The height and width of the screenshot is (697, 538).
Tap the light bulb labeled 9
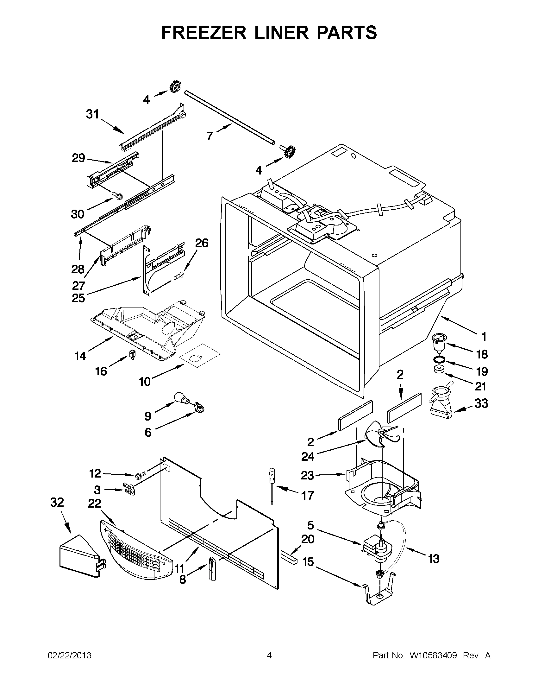pyautogui.click(x=181, y=398)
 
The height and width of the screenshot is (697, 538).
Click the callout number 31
pyautogui.click(x=93, y=114)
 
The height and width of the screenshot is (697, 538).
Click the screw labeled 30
pyautogui.click(x=116, y=195)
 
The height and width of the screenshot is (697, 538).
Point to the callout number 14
pyautogui.click(x=80, y=356)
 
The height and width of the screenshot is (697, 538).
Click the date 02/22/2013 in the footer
pyautogui.click(x=70, y=656)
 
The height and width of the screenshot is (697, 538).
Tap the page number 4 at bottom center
pyautogui.click(x=269, y=656)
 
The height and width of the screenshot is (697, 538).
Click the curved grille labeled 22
pyautogui.click(x=135, y=550)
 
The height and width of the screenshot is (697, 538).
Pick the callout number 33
pyautogui.click(x=481, y=403)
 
